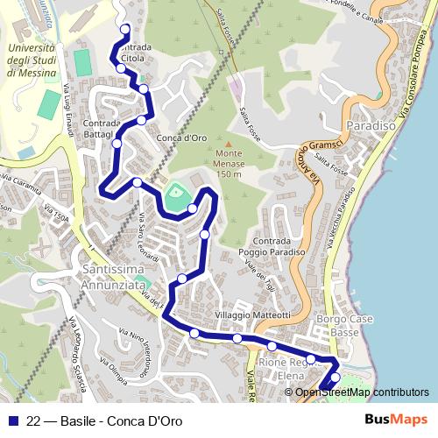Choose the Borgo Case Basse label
340,325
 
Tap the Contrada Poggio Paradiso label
276,246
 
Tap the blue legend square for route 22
13,421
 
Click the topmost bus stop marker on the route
123,27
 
